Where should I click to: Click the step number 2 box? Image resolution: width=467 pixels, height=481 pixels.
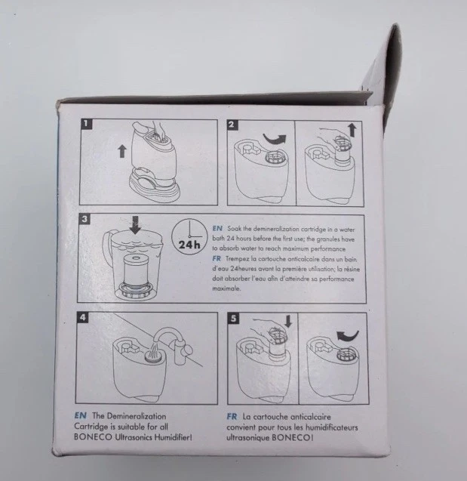[x=232, y=125]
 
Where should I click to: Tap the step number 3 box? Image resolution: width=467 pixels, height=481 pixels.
[x=86, y=220]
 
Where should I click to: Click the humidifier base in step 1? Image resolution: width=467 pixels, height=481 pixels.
[x=155, y=185]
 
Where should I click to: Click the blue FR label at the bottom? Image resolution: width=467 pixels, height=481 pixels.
[x=233, y=416]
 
